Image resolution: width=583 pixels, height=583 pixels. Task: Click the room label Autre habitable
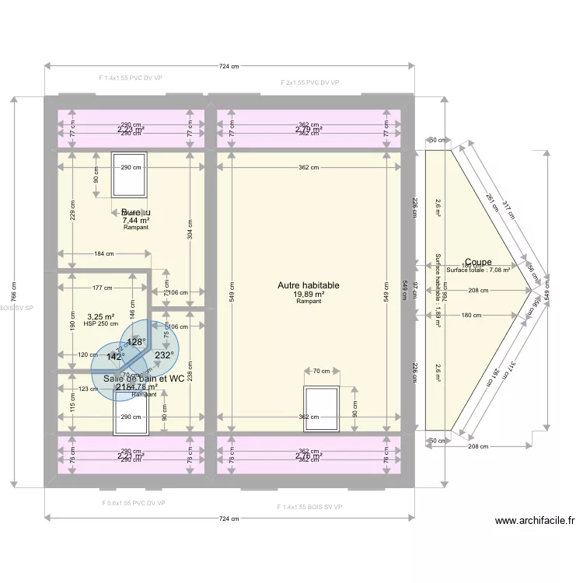(x=309, y=285)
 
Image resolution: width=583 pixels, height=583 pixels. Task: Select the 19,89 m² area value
(x=309, y=294)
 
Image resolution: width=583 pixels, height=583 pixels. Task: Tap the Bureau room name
(x=136, y=212)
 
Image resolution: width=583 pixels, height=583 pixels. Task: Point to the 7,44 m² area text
(x=136, y=221)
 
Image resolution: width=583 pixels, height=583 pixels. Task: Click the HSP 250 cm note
(x=101, y=324)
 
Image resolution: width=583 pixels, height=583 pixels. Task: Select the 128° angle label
(x=137, y=342)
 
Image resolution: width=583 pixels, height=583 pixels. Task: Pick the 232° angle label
(x=164, y=355)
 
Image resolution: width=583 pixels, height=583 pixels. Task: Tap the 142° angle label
(x=115, y=357)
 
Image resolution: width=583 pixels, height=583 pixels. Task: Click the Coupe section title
(x=479, y=263)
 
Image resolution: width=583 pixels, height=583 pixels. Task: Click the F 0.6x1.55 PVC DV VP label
(x=133, y=503)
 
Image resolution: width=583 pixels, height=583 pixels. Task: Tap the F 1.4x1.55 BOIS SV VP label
(x=310, y=507)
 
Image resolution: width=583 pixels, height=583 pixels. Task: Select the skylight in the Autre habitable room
(x=322, y=407)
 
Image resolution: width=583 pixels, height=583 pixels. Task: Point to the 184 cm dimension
(x=104, y=253)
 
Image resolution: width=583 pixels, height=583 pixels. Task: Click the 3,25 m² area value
(x=101, y=316)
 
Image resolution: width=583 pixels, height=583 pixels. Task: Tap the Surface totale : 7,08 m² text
(x=479, y=271)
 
